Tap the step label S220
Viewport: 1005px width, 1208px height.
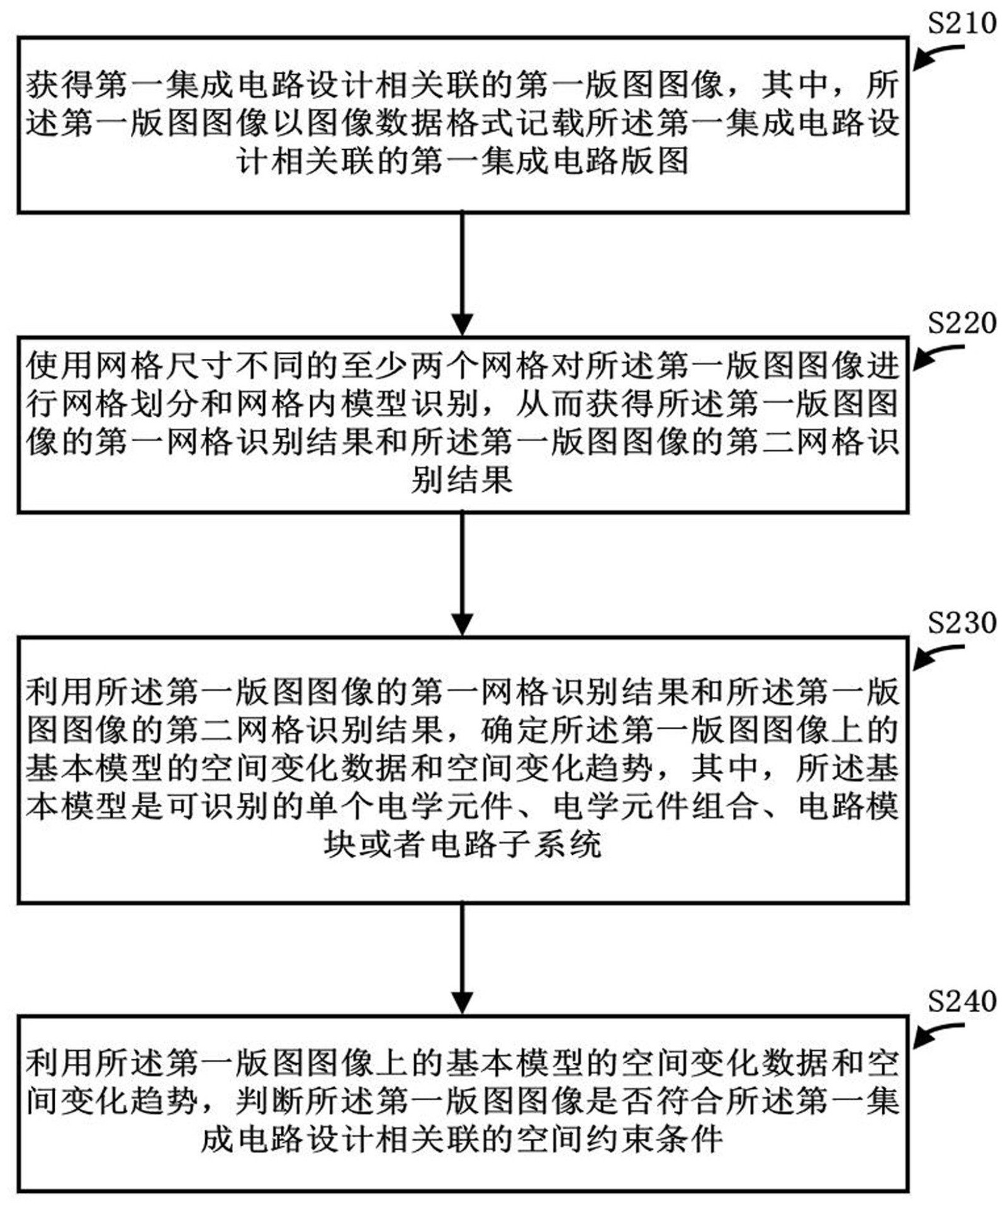point(961,323)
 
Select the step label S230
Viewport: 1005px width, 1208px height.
point(961,623)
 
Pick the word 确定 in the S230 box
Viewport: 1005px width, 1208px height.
point(515,730)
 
